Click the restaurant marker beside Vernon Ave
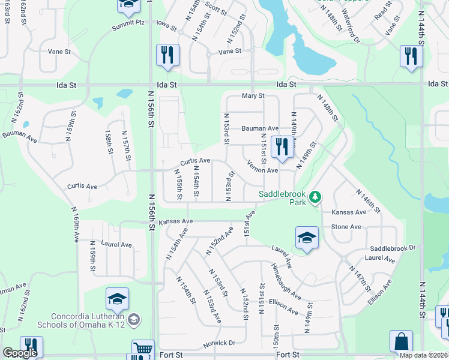282,148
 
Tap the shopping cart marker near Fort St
143,350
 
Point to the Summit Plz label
128,22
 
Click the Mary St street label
253,96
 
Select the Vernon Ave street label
263,170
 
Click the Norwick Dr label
220,343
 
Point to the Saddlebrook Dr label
393,248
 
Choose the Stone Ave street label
346,227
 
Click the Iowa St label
167,28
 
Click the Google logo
20,353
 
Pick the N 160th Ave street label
76,224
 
